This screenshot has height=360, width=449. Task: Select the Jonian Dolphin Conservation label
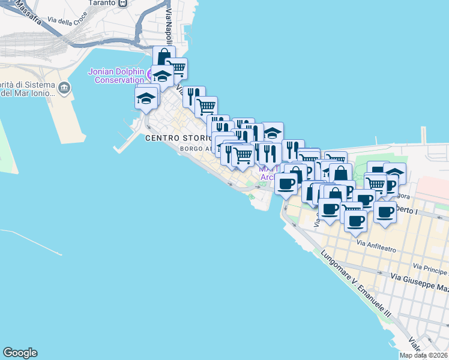116,75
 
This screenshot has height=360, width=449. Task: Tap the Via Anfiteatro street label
378,243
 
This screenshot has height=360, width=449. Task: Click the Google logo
20,353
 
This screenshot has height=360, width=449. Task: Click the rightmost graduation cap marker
394,173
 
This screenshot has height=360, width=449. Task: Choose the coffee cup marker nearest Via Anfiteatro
355,221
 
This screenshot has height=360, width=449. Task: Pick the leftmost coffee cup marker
286,184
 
